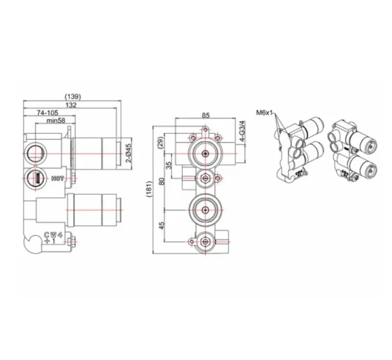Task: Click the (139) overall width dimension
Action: [72, 97]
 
